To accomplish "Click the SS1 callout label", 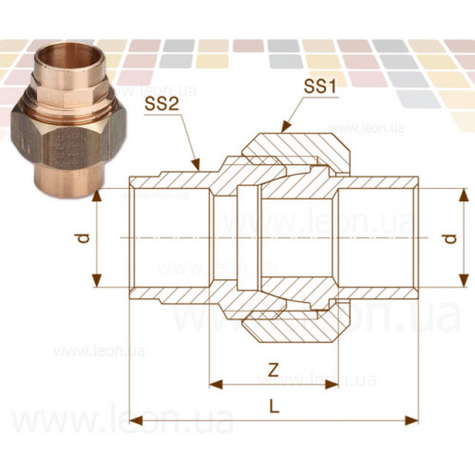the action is pos(319,85).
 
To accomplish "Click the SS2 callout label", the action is pos(161,104).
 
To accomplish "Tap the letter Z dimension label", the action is pos(273,370).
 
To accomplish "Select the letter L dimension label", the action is pos(275,406).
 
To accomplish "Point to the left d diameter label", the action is pos(84,238).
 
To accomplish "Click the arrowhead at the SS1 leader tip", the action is pos(285,126).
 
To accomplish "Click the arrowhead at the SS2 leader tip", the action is pos(197,164).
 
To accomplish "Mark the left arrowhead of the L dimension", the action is pos(136,421).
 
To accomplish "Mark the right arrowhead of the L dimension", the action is pos(412,421).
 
